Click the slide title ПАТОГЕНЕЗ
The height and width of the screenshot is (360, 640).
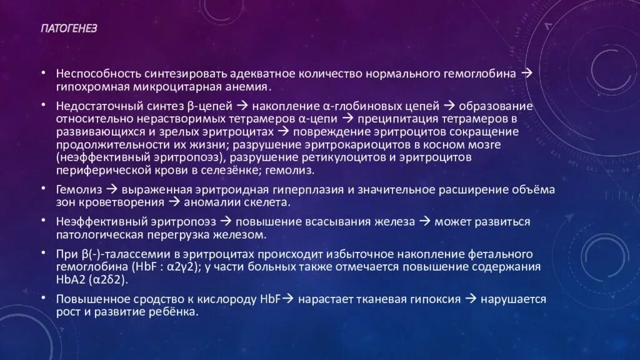[x=69, y=29]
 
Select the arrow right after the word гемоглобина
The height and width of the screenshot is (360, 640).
[x=526, y=73]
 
